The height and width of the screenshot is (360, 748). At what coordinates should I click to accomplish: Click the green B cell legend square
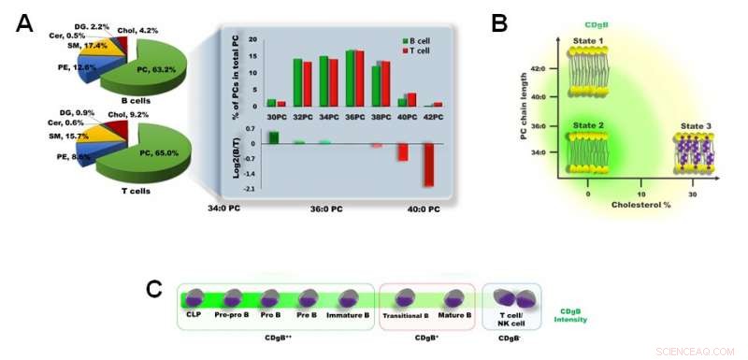(405, 41)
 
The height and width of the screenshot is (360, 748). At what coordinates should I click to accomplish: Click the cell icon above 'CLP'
(194, 298)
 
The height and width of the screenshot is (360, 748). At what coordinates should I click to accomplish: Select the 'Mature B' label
(453, 318)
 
